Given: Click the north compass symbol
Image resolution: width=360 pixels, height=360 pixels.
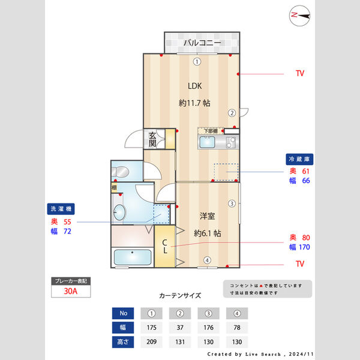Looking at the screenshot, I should click(x=299, y=15).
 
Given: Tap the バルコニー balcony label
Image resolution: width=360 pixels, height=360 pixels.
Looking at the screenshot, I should click(x=202, y=43).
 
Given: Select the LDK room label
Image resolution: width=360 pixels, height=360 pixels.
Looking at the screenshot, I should click(x=194, y=86).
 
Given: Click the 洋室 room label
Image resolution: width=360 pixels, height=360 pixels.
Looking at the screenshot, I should click(x=207, y=215).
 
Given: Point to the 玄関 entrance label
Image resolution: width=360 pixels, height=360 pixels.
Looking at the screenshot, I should click(x=153, y=140).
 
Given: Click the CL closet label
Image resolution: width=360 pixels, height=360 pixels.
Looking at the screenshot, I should click(x=164, y=246).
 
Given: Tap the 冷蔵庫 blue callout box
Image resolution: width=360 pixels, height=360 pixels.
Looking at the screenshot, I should click(x=299, y=160).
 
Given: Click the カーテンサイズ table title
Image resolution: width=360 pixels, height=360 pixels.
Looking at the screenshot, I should click(x=180, y=295).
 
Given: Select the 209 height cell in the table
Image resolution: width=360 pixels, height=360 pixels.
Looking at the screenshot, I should click(x=151, y=342).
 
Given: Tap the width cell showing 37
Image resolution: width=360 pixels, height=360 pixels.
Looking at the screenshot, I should click(x=180, y=328).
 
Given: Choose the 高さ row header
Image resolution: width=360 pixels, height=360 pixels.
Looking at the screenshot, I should click(x=124, y=342).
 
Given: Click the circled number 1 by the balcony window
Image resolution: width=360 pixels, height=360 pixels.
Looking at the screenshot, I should click(x=196, y=62).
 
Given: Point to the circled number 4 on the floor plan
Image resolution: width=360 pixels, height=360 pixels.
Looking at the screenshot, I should click(x=206, y=260).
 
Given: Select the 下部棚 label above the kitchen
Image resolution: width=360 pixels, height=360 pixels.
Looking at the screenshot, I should click(x=209, y=130).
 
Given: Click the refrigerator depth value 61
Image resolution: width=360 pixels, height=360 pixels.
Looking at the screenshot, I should click(x=305, y=171).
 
